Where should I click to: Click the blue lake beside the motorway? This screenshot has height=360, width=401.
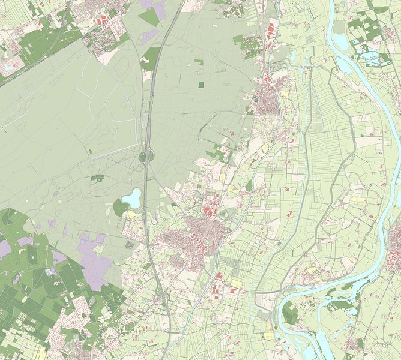pos(131,197)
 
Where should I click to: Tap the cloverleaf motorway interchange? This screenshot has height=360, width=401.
pos(146,157)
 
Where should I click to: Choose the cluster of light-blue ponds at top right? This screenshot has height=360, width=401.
pos(372,58)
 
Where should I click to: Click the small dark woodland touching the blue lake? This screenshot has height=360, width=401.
pos(119,207)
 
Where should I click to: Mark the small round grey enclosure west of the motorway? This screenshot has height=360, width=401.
pos(129,244)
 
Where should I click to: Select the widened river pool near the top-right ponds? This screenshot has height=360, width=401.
pos(340,42)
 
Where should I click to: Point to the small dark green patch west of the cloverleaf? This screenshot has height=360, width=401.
pos(97,178)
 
